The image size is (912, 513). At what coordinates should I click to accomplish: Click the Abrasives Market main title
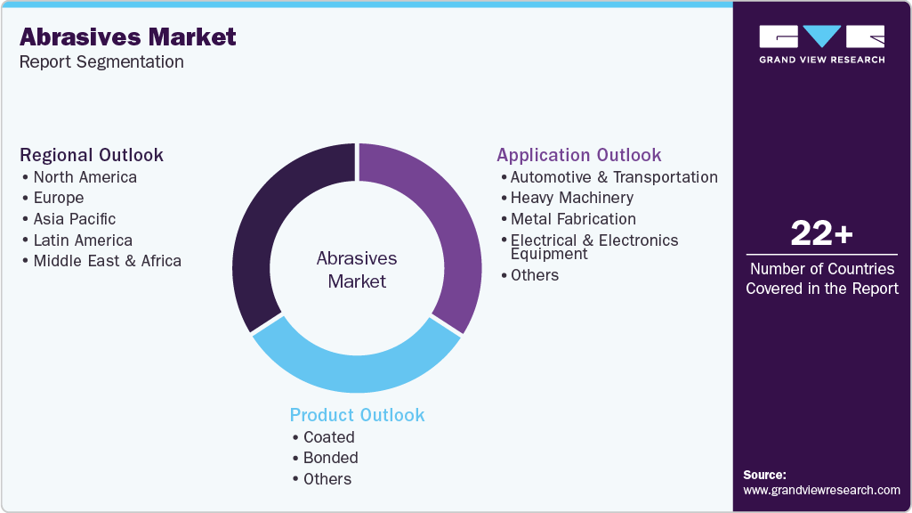pos(128,37)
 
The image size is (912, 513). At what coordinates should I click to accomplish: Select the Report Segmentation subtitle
pos(101,62)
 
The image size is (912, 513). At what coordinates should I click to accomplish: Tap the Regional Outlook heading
pos(92,155)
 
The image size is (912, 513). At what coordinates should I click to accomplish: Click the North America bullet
pos(85,177)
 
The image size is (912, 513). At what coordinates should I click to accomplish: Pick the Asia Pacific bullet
pos(74,219)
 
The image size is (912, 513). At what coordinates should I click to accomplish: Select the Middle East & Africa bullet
pos(107,261)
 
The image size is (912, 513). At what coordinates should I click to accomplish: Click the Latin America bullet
pos(83,240)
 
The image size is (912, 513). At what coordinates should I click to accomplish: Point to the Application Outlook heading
pos(579,155)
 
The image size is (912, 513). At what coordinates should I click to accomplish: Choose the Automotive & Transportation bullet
pos(614,177)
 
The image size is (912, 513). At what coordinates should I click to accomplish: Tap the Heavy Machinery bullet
pos(572,198)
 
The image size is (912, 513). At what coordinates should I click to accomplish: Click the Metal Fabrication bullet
pos(573,219)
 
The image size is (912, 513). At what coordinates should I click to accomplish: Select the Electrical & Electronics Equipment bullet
pos(593,247)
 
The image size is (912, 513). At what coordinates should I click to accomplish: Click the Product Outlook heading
pos(357,415)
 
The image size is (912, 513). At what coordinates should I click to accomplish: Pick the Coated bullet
pos(328,437)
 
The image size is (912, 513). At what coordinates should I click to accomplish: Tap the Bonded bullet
pos(330,458)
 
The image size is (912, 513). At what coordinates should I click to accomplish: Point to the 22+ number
pos(821,234)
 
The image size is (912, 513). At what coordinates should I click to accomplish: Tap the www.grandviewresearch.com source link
pos(821,490)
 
